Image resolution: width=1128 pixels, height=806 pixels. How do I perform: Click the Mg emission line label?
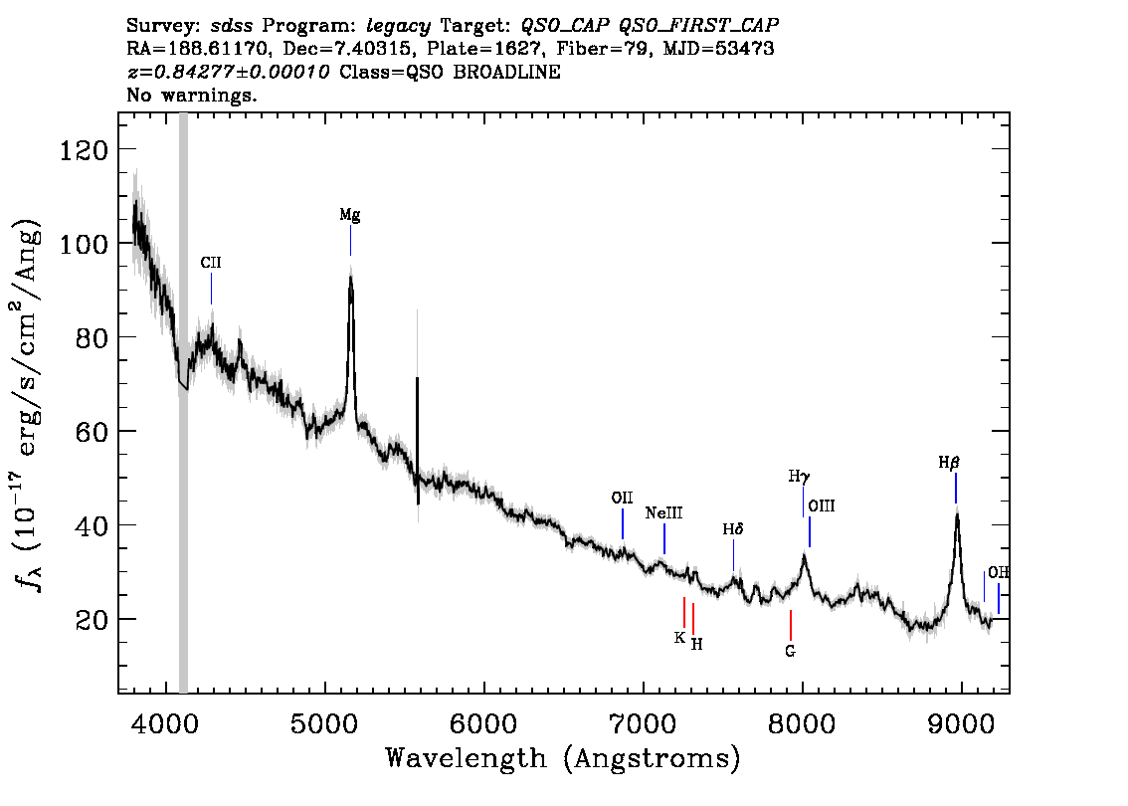[x=349, y=215]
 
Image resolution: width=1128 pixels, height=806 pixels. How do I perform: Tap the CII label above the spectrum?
[x=211, y=263]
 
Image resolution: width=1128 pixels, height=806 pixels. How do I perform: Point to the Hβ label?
[x=949, y=463]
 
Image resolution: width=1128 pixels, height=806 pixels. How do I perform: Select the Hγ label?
[x=799, y=477]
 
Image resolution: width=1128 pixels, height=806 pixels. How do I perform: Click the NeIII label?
[x=663, y=513]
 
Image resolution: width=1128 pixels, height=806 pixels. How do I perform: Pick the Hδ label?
[x=733, y=529]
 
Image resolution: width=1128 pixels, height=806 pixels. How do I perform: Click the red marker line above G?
[x=791, y=625]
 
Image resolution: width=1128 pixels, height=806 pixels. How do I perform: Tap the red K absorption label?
[x=679, y=638]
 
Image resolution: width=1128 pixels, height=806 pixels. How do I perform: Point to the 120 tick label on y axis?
[x=84, y=150]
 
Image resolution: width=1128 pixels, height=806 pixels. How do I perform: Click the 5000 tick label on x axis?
[x=325, y=723]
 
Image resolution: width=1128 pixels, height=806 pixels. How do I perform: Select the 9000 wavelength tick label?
[x=960, y=723]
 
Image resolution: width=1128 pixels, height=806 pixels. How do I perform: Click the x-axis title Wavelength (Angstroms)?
[x=563, y=759]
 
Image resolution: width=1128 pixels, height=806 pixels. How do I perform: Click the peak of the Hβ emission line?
[x=957, y=513]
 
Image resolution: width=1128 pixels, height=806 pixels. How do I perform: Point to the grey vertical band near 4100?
[x=183, y=403]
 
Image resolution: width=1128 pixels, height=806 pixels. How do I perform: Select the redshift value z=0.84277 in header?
[x=228, y=72]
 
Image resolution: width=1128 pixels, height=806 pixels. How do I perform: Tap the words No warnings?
[x=191, y=95]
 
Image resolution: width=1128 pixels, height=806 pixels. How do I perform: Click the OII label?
[x=623, y=498]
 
